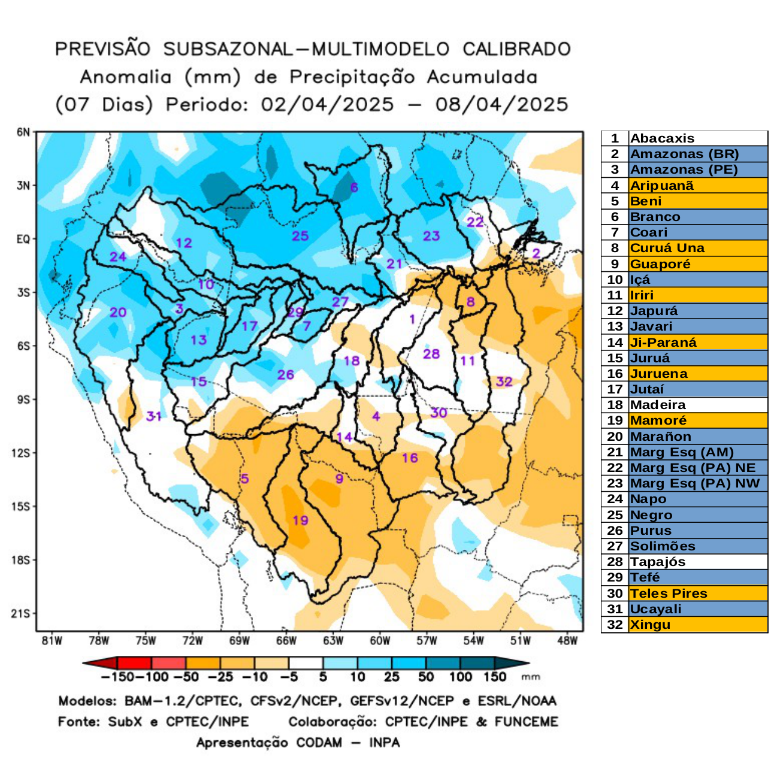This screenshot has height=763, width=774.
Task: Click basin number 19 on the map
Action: point(300,520)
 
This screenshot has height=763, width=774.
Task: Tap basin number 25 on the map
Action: point(300,236)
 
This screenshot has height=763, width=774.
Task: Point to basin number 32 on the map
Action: point(504,381)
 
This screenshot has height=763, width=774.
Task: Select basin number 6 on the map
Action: point(353,187)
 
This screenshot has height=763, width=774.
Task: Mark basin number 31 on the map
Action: point(154,416)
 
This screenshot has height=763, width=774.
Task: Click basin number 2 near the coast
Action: point(536,253)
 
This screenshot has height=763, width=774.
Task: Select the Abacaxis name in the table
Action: point(663,138)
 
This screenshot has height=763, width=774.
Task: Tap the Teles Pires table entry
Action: point(669,594)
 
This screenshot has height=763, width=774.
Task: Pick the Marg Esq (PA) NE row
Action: point(693,468)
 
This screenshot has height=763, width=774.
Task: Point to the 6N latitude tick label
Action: point(23,132)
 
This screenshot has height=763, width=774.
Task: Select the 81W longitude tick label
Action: point(52,641)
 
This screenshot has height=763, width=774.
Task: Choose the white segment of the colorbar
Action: point(306,663)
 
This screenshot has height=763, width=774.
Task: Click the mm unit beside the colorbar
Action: point(531,677)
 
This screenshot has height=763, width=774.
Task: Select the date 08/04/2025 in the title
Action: point(501,104)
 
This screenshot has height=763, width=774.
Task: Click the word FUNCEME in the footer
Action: point(526,722)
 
